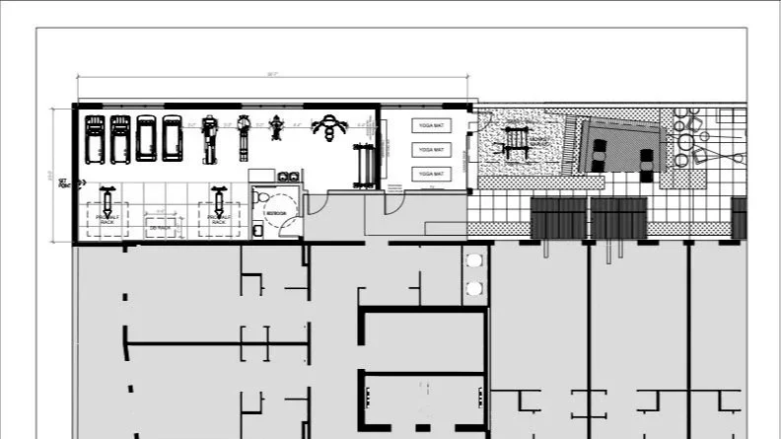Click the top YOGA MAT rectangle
pyautogui.click(x=432, y=126)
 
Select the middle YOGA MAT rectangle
pyautogui.click(x=432, y=150)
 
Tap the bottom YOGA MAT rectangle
pyautogui.click(x=432, y=174)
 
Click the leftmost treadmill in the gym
pyautogui.click(x=95, y=139)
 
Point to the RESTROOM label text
pyautogui.click(x=277, y=212)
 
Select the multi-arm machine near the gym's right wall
pyautogui.click(x=329, y=125)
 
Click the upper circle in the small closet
pyautogui.click(x=474, y=259)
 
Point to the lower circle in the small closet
pyautogui.click(x=474, y=288)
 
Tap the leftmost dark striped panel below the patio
pyautogui.click(x=558, y=218)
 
